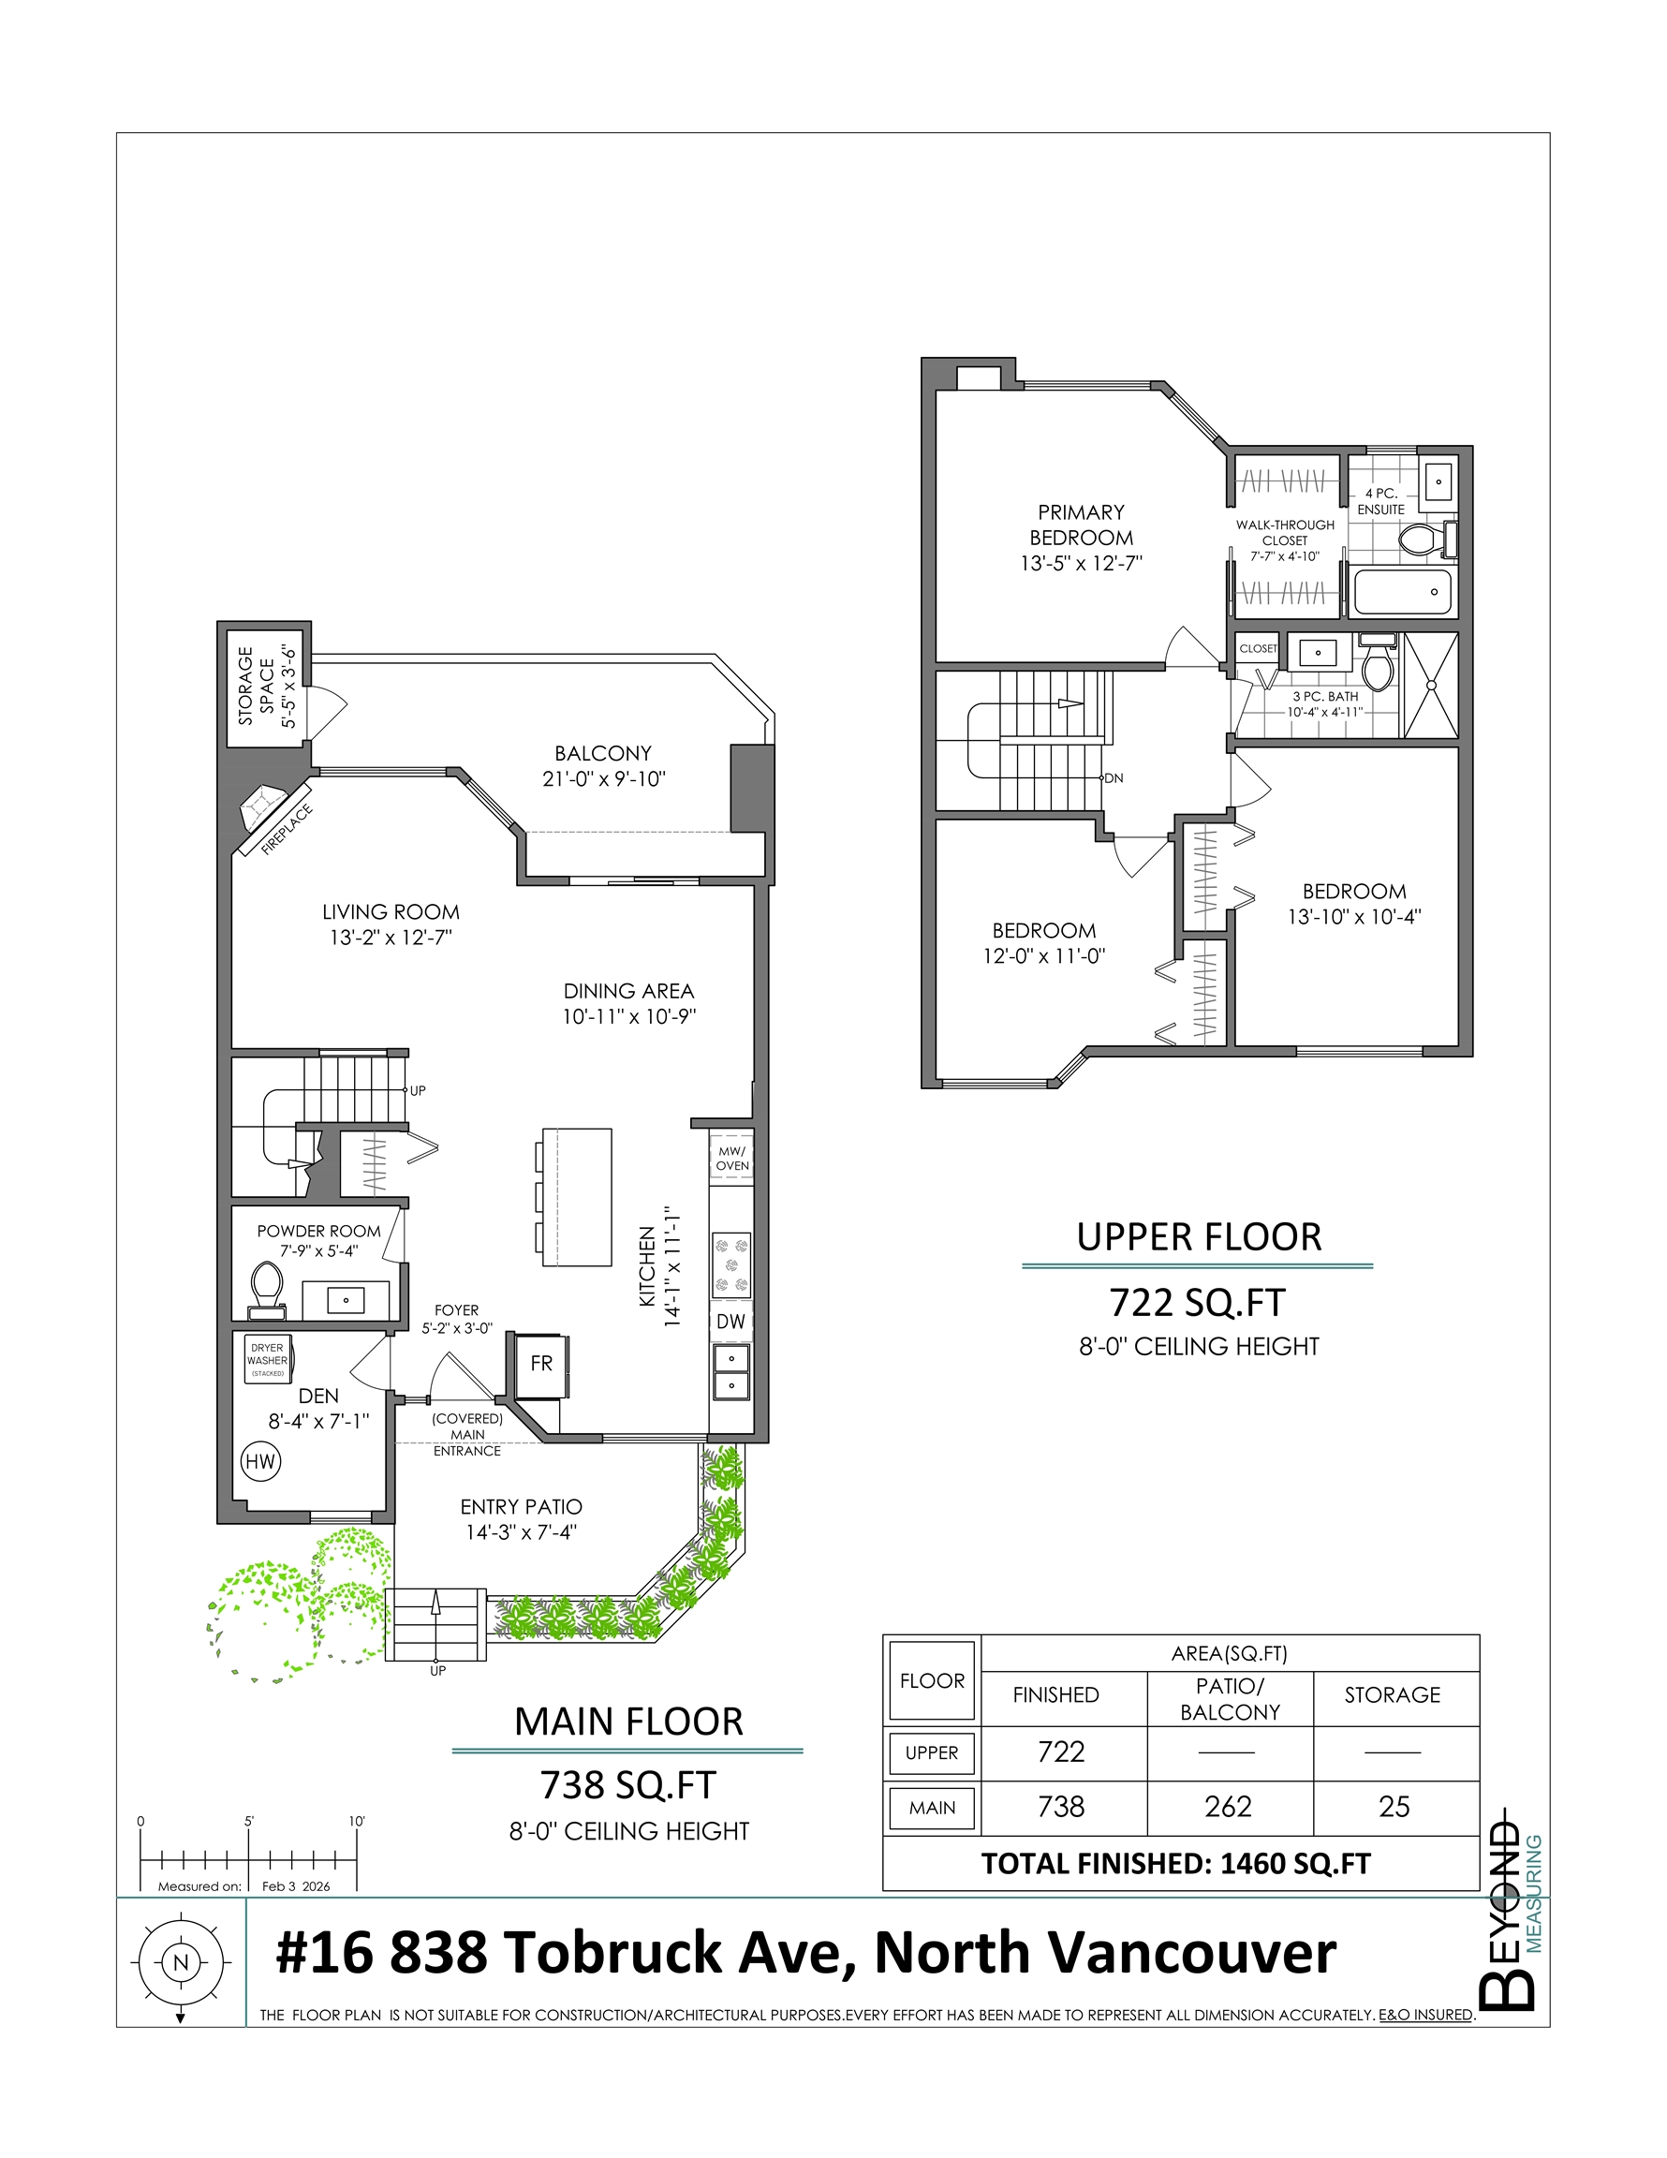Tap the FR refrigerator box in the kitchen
540,1364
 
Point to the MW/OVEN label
732,1158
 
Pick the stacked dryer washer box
268,1361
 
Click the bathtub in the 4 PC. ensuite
1402,592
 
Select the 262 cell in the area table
1229,1806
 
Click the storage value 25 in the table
1394,1806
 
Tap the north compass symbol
180,1963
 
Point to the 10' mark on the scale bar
357,1821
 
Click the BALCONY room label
603,753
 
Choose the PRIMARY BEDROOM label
1081,525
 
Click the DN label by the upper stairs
1114,778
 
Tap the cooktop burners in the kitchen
731,1264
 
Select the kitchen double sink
731,1372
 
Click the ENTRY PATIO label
521,1507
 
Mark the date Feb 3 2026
295,1886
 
